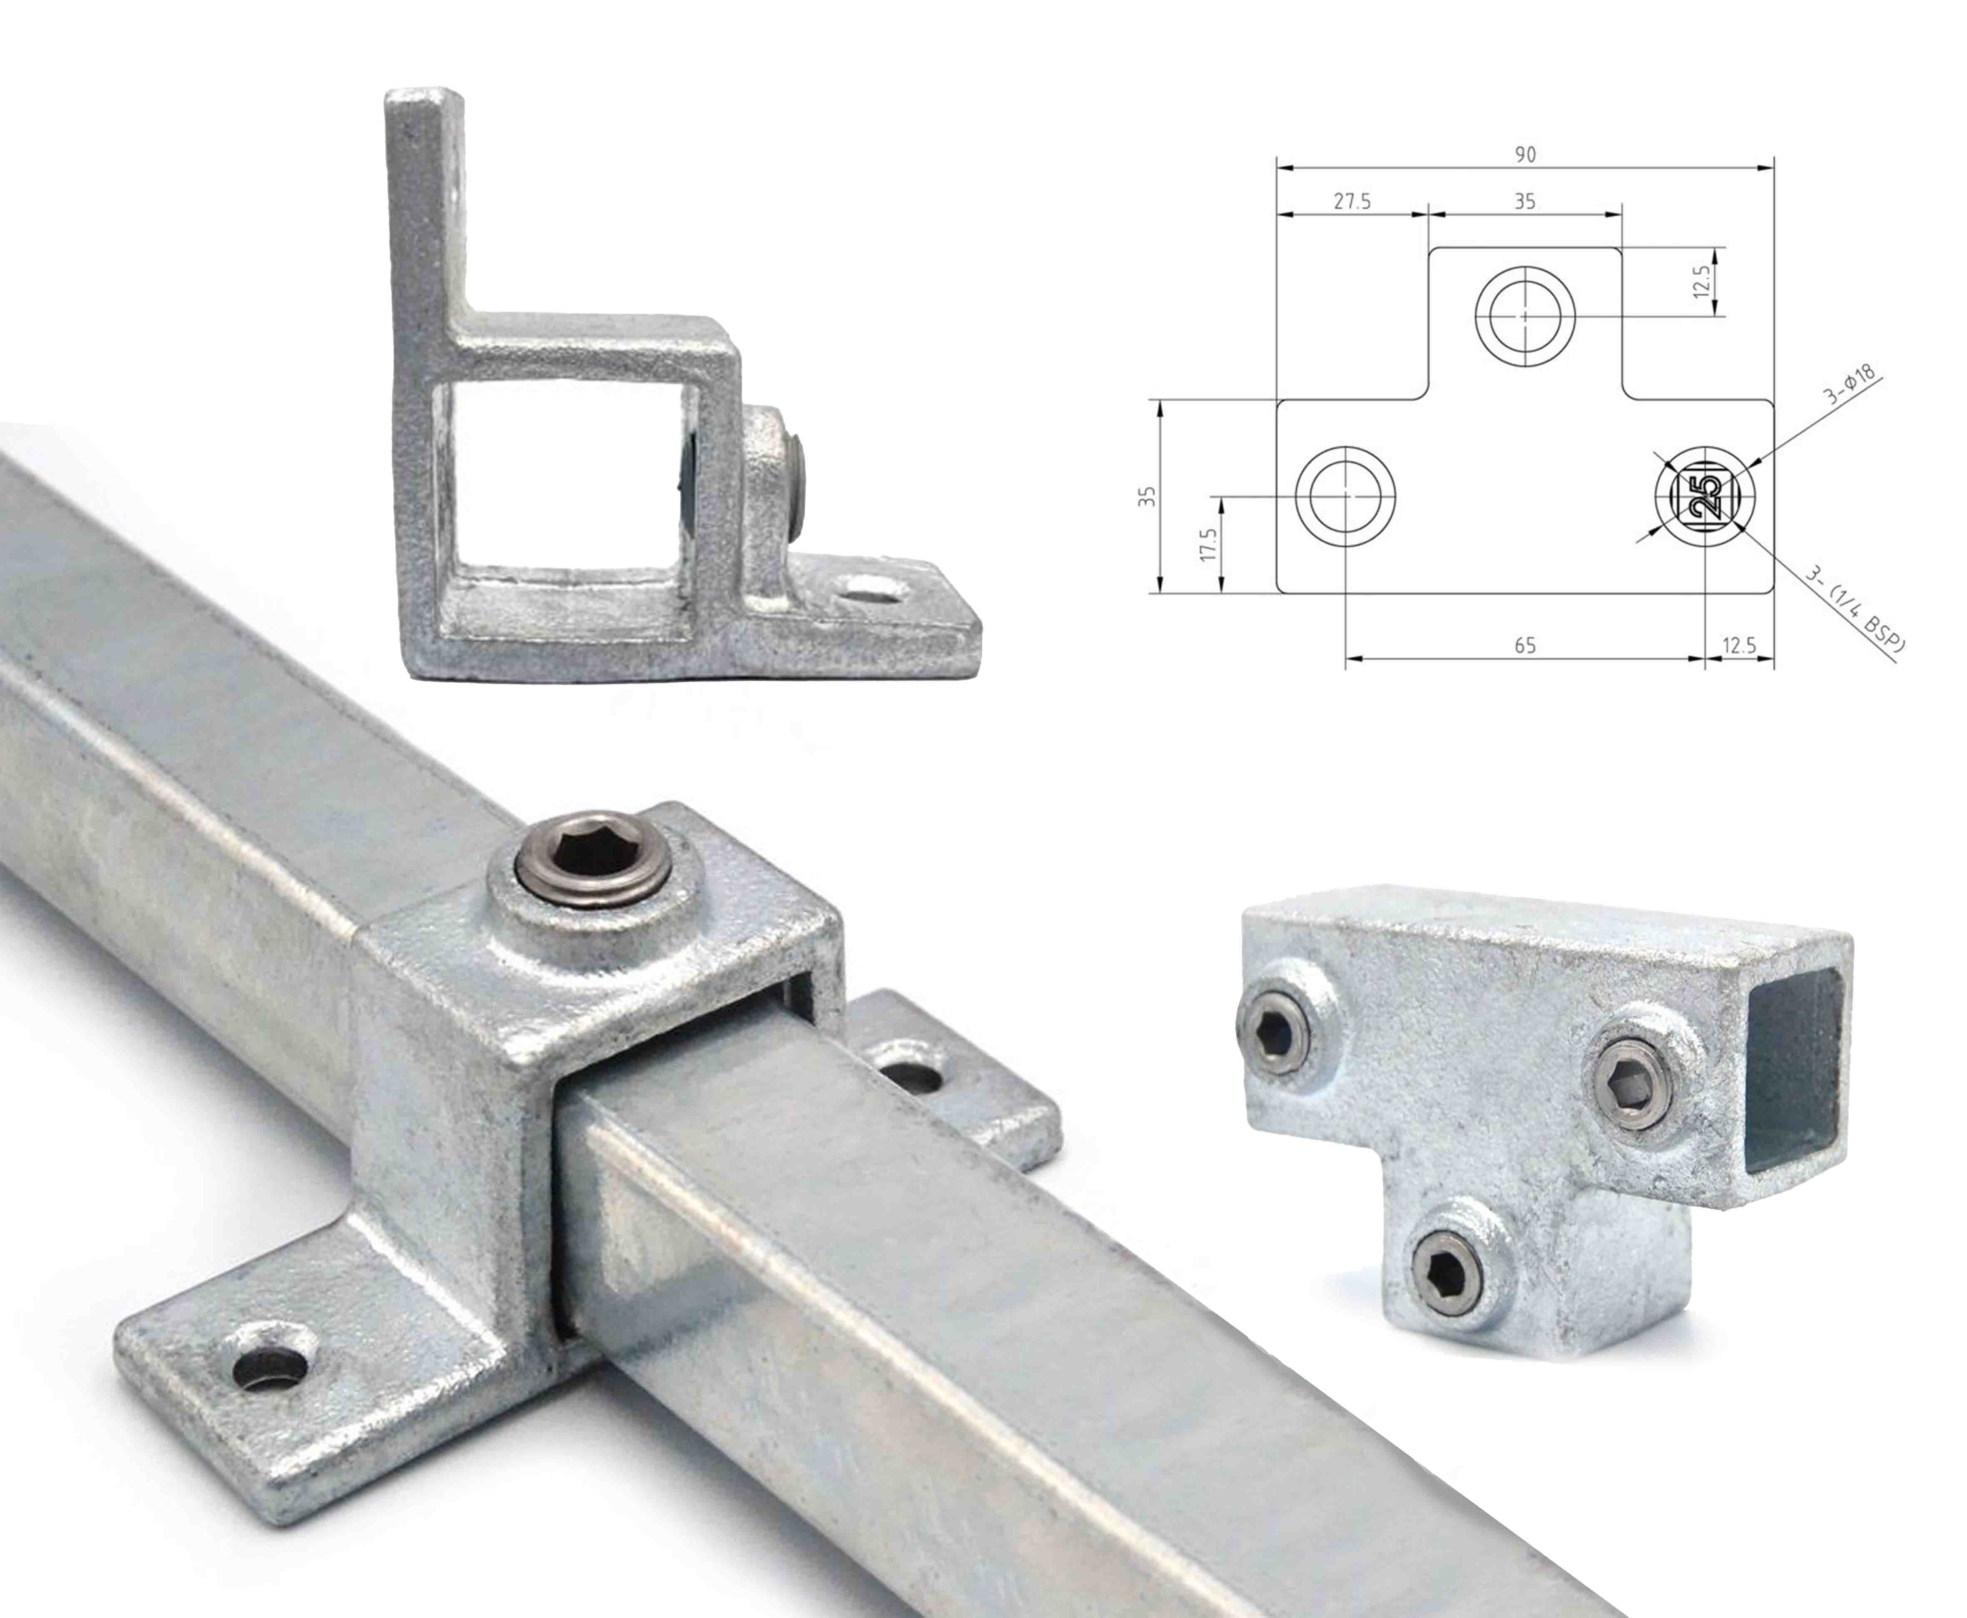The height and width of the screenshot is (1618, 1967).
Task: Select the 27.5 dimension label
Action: pyautogui.click(x=1352, y=202)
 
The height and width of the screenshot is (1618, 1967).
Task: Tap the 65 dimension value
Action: pyautogui.click(x=1525, y=645)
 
